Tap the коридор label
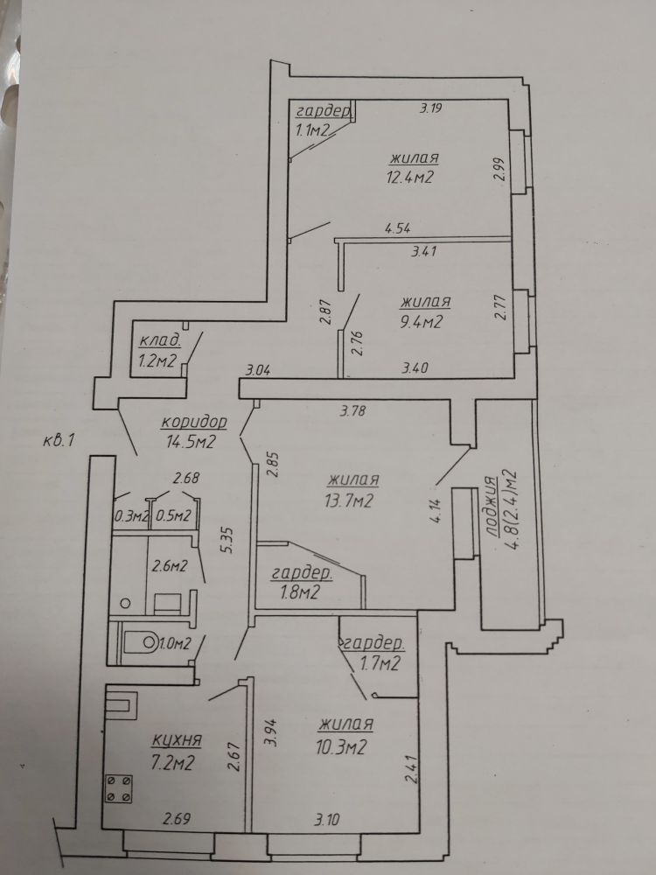[193, 422]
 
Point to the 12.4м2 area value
[411, 177]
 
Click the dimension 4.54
[397, 229]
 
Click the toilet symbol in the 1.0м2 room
[137, 644]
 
